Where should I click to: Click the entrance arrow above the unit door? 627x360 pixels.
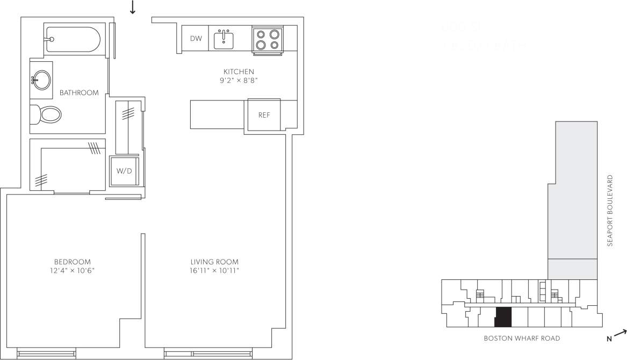tap(132, 7)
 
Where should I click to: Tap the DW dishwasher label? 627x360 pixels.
tap(196, 38)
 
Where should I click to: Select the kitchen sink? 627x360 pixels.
tap(224, 39)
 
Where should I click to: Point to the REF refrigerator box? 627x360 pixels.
tap(264, 115)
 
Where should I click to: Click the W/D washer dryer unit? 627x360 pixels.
tap(124, 171)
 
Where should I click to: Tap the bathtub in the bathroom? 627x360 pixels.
tap(73, 39)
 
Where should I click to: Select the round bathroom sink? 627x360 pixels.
tap(41, 81)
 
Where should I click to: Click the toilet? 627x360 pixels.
tap(49, 114)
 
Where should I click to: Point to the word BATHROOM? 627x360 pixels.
tap(79, 93)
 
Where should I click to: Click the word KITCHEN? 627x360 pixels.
tap(239, 71)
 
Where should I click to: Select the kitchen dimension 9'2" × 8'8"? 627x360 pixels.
tap(239, 81)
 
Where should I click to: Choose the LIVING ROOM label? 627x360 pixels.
tap(214, 262)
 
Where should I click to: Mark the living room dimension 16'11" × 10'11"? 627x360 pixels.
tap(214, 270)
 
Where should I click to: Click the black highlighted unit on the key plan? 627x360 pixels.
tap(503, 317)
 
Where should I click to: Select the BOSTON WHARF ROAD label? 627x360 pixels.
tap(522, 339)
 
